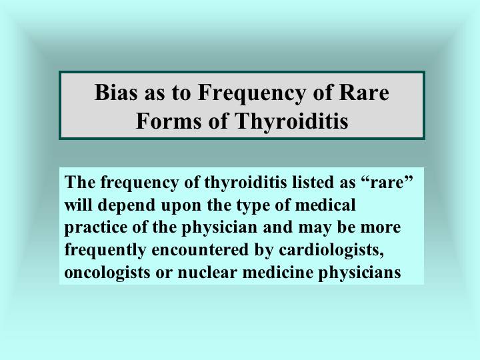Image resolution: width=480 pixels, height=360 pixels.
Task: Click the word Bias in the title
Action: (116, 92)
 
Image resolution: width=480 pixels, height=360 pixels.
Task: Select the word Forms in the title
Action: (169, 121)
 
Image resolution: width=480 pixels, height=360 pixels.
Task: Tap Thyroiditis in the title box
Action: (291, 121)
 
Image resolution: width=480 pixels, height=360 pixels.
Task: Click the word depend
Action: (127, 205)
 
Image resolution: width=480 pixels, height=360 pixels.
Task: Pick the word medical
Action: (325, 205)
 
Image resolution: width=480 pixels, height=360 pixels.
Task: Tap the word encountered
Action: (200, 249)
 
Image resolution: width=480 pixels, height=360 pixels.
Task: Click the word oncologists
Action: (107, 273)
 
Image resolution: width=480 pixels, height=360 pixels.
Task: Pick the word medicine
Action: (277, 272)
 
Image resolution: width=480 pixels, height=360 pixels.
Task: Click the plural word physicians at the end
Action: (360, 273)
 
